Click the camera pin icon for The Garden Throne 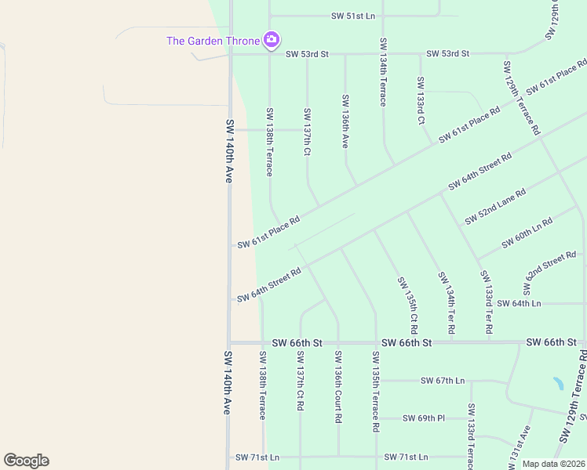point(272,39)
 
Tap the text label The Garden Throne point(213,41)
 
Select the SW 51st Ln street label point(353,16)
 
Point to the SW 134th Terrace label point(383,72)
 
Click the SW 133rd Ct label point(421,101)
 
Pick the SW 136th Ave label point(345,121)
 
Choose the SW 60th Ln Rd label point(527,233)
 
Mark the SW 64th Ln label point(520,303)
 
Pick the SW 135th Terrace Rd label point(376,392)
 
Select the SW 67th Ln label point(443,381)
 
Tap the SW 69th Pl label point(424,418)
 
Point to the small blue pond point(558,384)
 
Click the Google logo point(26,461)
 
